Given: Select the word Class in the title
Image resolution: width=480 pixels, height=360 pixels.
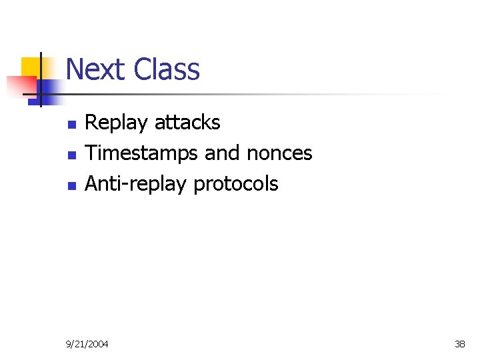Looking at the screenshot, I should (167, 69).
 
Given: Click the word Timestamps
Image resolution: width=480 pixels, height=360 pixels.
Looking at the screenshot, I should (142, 153).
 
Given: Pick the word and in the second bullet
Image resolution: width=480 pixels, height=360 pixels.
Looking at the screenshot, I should (222, 153).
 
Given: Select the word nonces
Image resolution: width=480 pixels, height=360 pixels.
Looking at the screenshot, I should (279, 153).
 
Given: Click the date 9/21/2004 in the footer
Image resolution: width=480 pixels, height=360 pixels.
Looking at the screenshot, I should (87, 344).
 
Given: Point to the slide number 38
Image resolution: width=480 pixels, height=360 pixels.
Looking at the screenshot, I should (459, 344).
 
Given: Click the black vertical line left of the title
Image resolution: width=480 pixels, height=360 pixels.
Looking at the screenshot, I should (41, 80).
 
